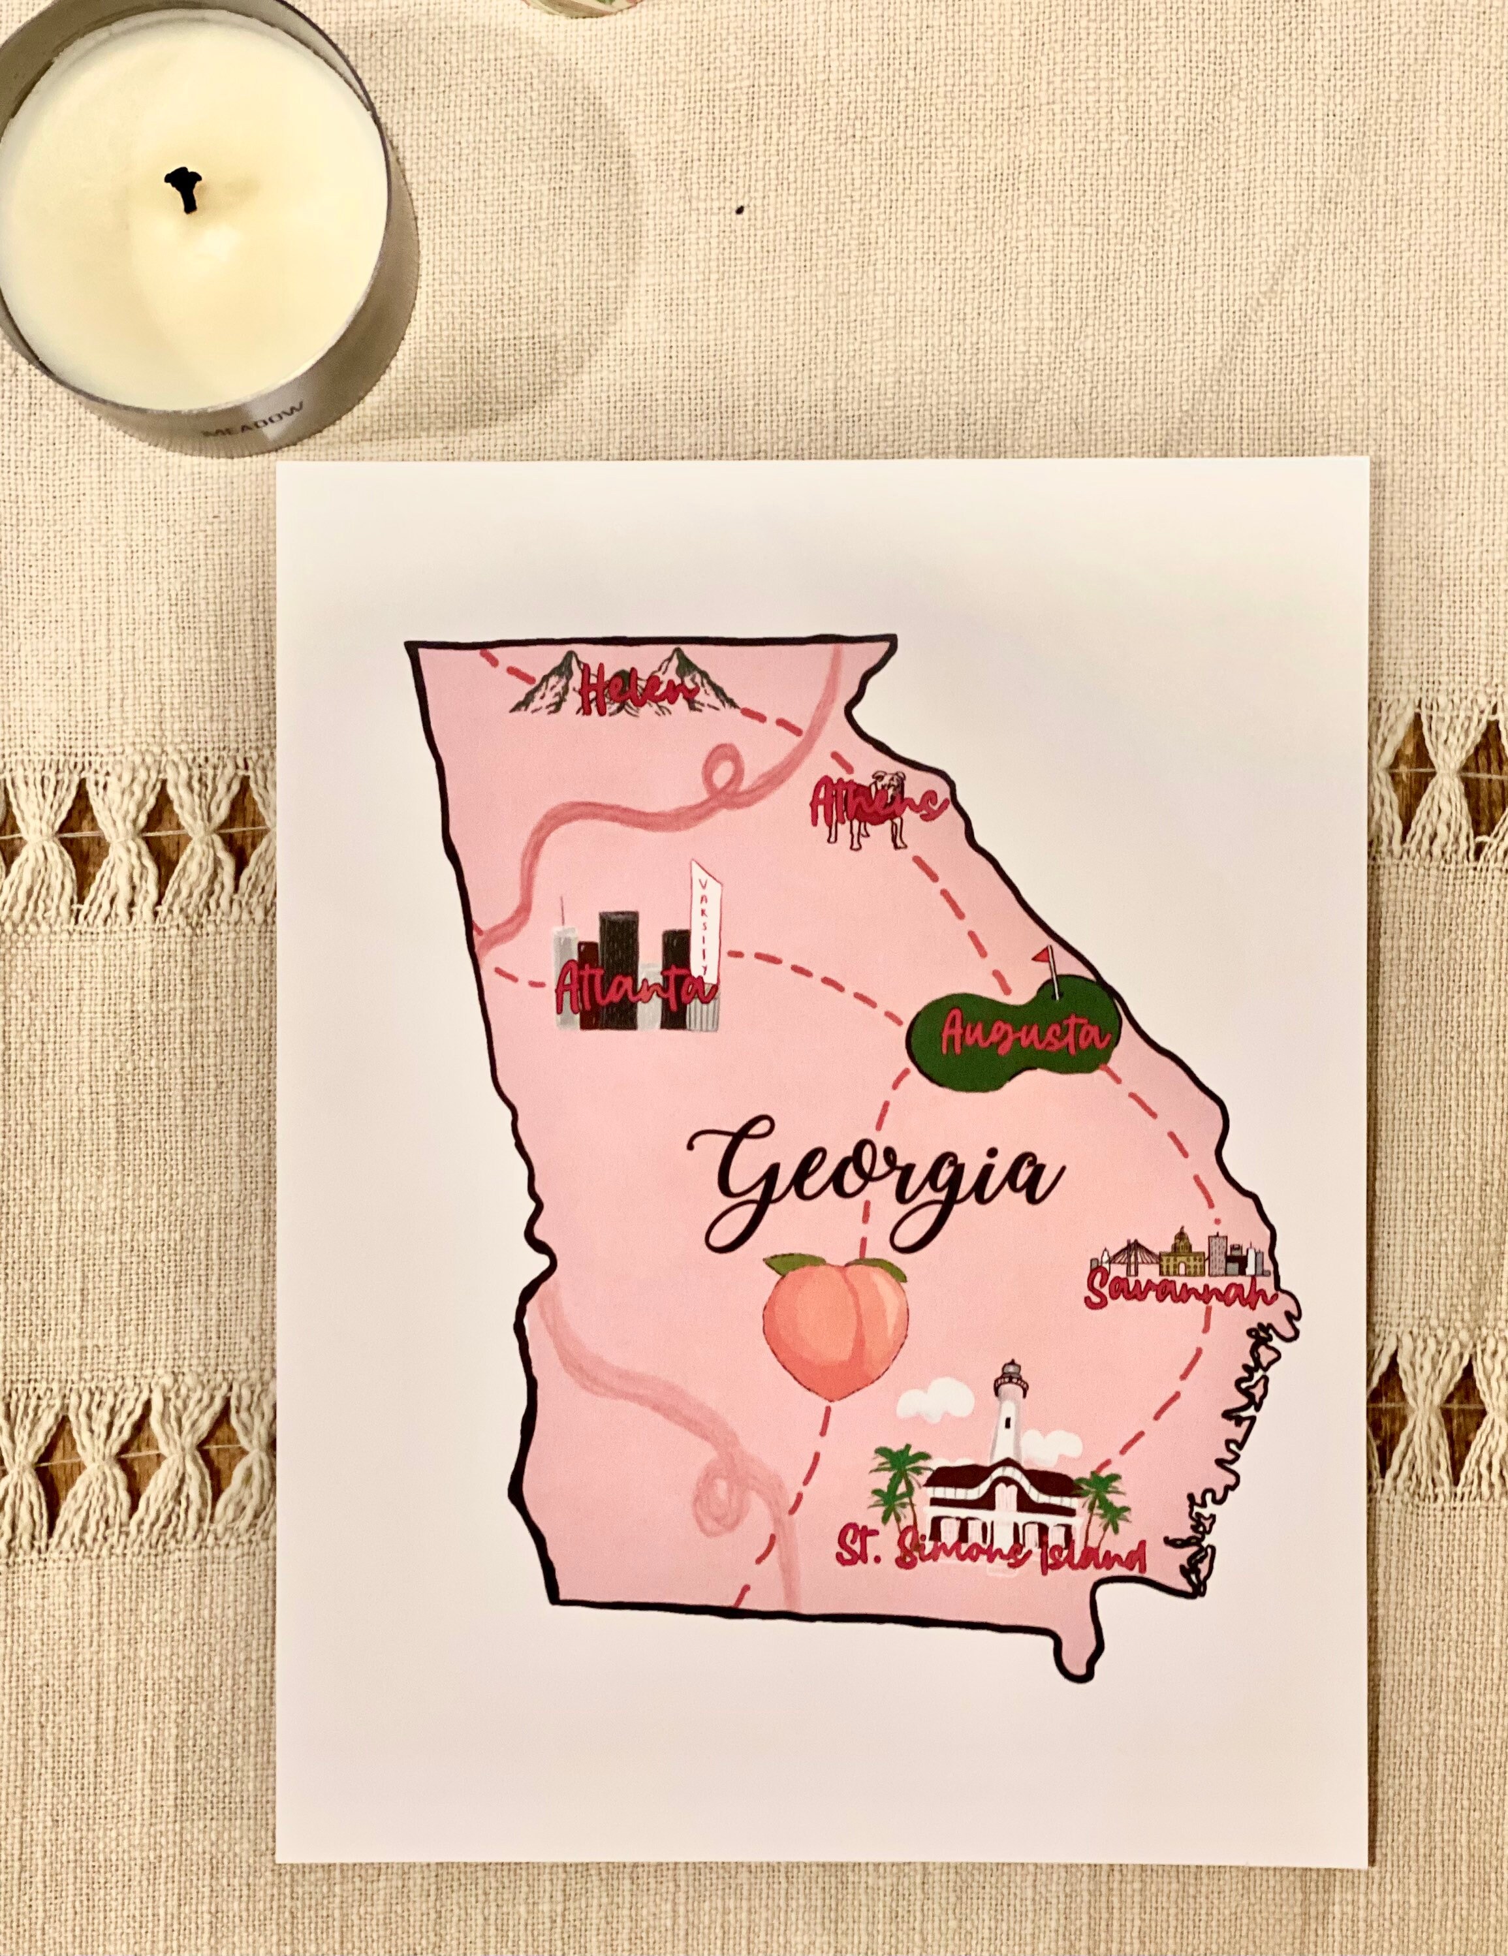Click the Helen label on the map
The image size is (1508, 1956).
tap(624, 691)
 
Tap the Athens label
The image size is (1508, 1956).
tap(877, 802)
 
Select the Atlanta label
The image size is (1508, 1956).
tap(634, 988)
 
